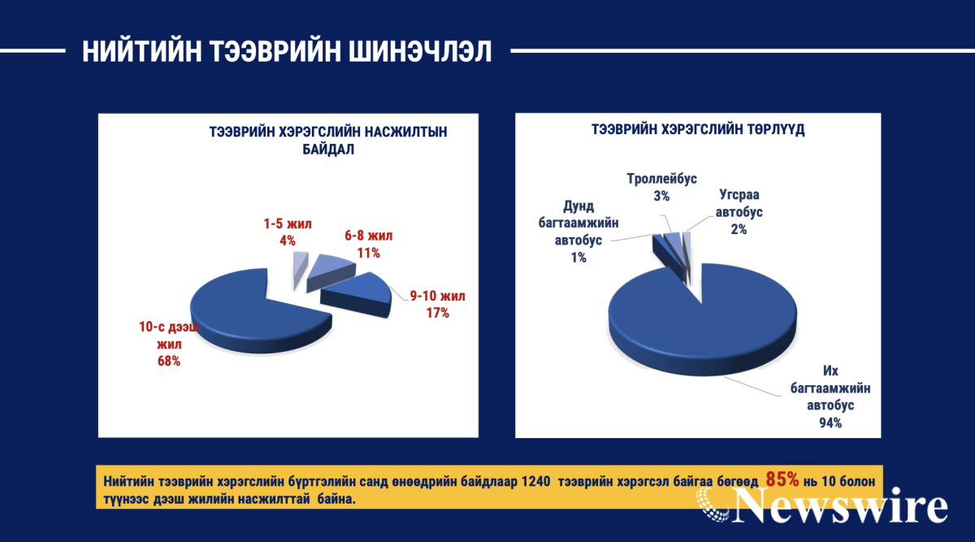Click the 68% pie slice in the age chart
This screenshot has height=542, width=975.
pyautogui.click(x=244, y=314)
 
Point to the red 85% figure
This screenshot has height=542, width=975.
pyautogui.click(x=782, y=479)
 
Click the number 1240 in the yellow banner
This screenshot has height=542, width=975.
pyautogui.click(x=535, y=482)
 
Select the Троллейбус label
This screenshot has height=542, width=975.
pyautogui.click(x=661, y=179)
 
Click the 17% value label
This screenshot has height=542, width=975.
pyautogui.click(x=437, y=313)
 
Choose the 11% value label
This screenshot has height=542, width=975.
pyautogui.click(x=368, y=253)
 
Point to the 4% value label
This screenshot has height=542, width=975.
pyautogui.click(x=288, y=241)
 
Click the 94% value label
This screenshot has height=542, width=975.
pyautogui.click(x=830, y=423)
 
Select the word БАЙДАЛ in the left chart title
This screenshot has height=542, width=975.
pyautogui.click(x=328, y=150)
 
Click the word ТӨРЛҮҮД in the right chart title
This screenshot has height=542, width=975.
pyautogui.click(x=776, y=129)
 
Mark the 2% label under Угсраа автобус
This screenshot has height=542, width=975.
pyautogui.click(x=739, y=229)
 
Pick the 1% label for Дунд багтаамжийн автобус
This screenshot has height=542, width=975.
pyautogui.click(x=578, y=258)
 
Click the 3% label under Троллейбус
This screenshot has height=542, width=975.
pyautogui.click(x=661, y=196)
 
